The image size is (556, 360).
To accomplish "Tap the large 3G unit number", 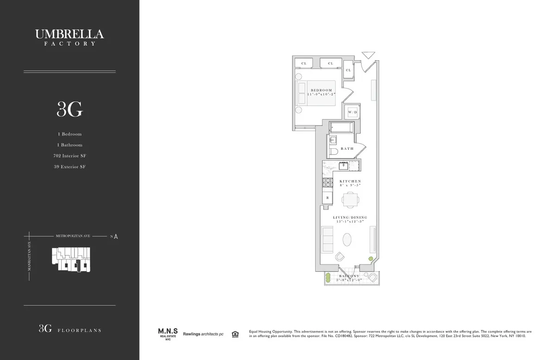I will [x=69, y=109].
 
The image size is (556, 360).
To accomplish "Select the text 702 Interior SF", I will [x=69, y=156].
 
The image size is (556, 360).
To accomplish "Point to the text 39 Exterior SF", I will [x=69, y=167].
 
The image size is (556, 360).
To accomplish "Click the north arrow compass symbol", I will [x=115, y=236].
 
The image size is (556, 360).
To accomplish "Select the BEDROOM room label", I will [x=321, y=90].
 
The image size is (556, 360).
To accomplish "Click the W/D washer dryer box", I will [x=353, y=112].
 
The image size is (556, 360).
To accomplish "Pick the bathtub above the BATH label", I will [x=341, y=127].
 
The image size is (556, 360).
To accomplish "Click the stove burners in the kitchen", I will [x=328, y=182].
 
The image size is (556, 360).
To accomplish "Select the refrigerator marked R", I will [x=328, y=198].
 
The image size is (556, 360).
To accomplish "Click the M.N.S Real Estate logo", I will [x=166, y=334].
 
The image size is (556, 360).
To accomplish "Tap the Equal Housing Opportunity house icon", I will [x=235, y=334].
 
